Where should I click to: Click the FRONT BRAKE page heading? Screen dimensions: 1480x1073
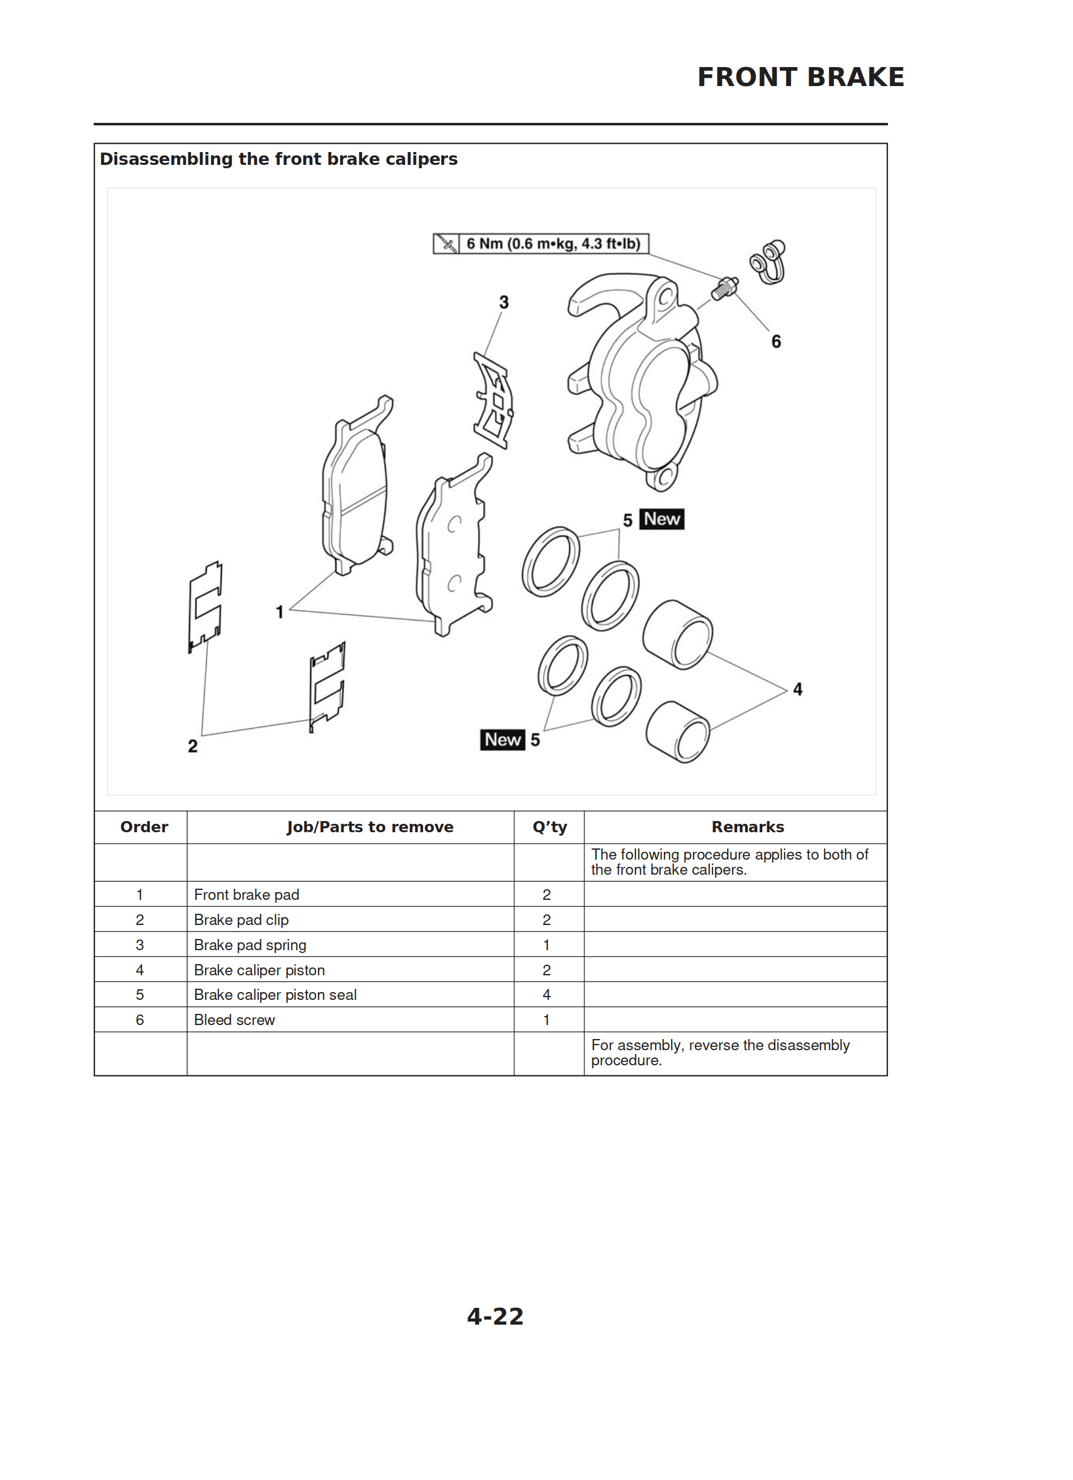(x=800, y=77)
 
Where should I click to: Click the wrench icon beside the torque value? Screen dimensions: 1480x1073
(x=447, y=244)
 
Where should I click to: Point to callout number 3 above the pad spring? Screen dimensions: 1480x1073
(x=504, y=302)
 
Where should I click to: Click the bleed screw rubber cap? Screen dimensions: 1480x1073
(x=769, y=262)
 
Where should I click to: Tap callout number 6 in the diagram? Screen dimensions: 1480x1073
(x=776, y=341)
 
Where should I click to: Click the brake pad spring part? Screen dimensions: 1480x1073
(x=493, y=400)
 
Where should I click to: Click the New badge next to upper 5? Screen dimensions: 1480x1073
(x=661, y=519)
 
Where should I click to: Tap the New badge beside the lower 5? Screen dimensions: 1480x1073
(x=502, y=739)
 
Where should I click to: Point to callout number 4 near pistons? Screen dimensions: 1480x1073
(x=797, y=689)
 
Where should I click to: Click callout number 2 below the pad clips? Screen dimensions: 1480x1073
(x=193, y=746)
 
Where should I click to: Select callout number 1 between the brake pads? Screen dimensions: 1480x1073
(x=279, y=611)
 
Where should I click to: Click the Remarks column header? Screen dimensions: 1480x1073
(x=747, y=827)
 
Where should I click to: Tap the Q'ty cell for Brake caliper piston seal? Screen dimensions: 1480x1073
(x=547, y=994)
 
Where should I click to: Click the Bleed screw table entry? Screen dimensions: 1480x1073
(x=234, y=1020)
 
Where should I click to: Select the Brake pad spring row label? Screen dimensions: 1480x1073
(x=250, y=945)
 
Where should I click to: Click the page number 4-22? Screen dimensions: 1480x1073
(x=495, y=1316)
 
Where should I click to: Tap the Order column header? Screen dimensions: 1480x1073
(x=144, y=827)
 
